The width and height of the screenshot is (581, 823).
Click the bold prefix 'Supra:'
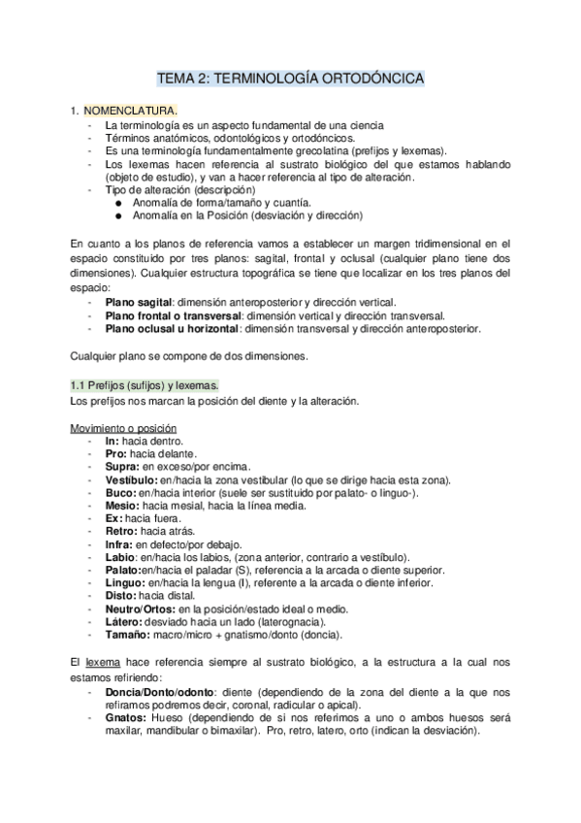point(123,467)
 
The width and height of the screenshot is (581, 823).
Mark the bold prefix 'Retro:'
point(121,531)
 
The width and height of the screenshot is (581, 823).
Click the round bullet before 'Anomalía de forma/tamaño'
point(118,202)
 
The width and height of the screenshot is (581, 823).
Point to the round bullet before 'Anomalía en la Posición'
point(118,215)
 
